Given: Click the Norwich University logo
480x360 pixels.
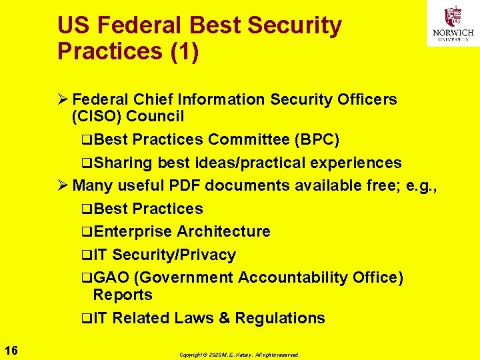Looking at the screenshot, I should (453, 23).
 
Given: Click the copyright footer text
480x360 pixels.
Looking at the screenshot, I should (239, 355).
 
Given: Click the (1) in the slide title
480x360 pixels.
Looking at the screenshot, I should (185, 51).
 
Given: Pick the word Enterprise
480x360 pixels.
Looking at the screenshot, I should (133, 231).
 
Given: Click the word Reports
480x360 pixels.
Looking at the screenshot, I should (123, 295).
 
